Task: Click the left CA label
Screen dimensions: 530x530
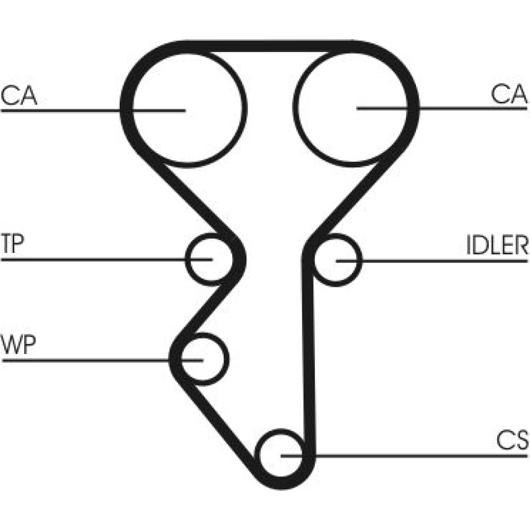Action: (19, 95)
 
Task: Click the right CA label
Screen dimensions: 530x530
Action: (509, 94)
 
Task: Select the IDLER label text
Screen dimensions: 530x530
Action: (497, 245)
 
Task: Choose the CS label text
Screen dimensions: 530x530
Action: (513, 440)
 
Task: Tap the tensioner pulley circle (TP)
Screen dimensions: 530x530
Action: (208, 259)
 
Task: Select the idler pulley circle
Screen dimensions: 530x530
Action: (338, 260)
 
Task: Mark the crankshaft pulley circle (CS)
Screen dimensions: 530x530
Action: (279, 455)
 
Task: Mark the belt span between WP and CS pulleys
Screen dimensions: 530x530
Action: (223, 424)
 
